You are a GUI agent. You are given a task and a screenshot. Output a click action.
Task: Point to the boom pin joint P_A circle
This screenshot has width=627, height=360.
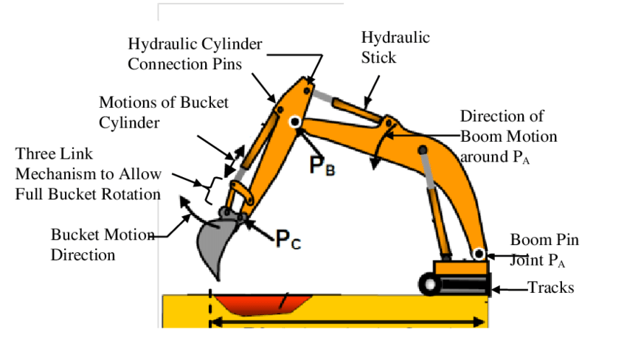479,255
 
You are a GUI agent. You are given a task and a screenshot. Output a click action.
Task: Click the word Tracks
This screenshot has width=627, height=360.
550,288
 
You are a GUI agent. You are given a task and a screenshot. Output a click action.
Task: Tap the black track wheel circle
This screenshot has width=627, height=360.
428,284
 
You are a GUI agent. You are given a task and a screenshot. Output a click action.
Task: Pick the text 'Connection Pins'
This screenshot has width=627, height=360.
184,63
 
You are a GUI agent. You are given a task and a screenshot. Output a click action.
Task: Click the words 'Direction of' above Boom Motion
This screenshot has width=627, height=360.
502,117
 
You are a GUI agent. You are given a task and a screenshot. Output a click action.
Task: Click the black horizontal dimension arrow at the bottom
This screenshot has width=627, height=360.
347,322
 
